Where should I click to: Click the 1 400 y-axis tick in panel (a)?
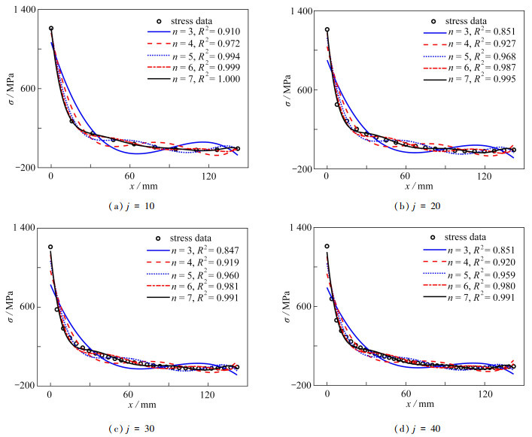pyautogui.click(x=28, y=9)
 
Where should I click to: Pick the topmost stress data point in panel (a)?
pyautogui.click(x=51, y=29)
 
